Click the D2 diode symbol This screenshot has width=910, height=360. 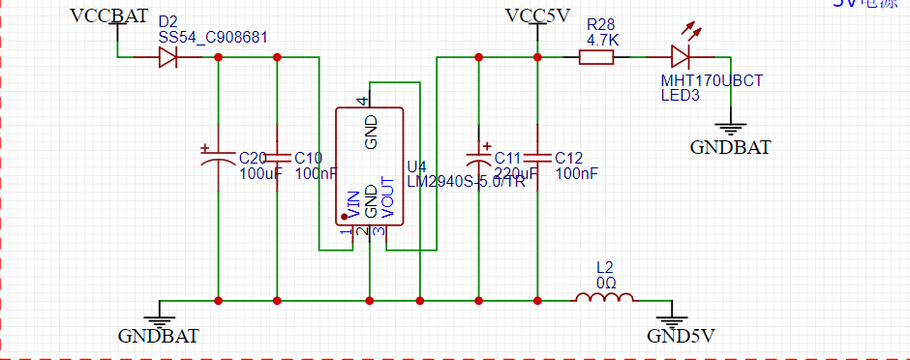click(167, 58)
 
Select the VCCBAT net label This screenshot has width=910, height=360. click(109, 15)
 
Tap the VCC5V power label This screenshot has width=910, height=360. click(537, 15)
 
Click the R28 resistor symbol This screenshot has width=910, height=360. click(596, 58)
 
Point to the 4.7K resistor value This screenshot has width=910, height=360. click(602, 40)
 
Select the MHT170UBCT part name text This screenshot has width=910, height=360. click(712, 81)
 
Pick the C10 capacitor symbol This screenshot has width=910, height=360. click(278, 158)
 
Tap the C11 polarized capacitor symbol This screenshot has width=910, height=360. click(478, 158)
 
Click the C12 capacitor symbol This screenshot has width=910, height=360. click(537, 158)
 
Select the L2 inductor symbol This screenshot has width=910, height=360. click(605, 298)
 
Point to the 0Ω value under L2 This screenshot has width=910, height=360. click(605, 281)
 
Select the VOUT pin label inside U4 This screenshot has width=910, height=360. click(387, 197)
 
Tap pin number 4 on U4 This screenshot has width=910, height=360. click(362, 101)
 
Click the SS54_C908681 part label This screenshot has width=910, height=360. click(213, 37)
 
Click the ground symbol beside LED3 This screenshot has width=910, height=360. click(729, 126)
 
